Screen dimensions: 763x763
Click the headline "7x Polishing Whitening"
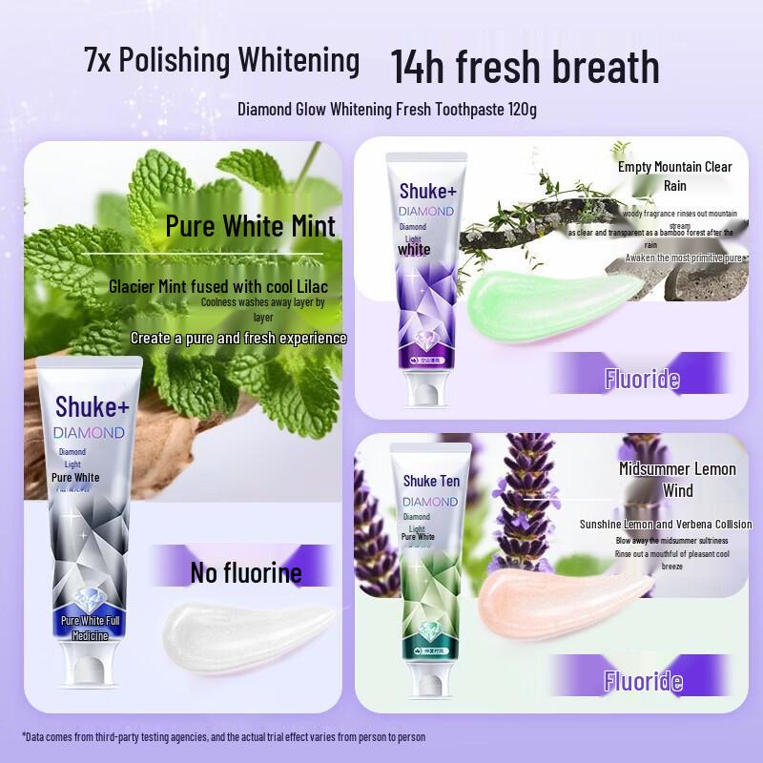(221, 61)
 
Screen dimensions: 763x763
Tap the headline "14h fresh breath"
(525, 67)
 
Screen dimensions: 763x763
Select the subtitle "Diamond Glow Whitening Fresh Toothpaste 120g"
(386, 109)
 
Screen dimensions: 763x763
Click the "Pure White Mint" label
(250, 226)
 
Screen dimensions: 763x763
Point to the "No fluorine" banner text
(245, 572)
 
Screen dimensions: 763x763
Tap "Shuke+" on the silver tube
(92, 404)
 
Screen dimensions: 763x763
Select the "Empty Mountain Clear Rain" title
(674, 175)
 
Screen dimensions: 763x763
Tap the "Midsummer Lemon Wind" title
(677, 480)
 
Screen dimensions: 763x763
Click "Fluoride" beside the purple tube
(642, 380)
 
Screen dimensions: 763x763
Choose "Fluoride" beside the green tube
(642, 681)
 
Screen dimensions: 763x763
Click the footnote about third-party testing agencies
(223, 736)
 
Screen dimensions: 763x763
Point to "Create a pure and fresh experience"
(238, 338)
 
